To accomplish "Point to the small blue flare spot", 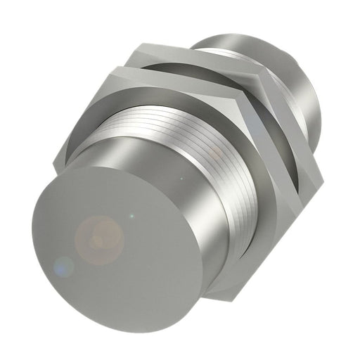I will [x=63, y=266].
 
